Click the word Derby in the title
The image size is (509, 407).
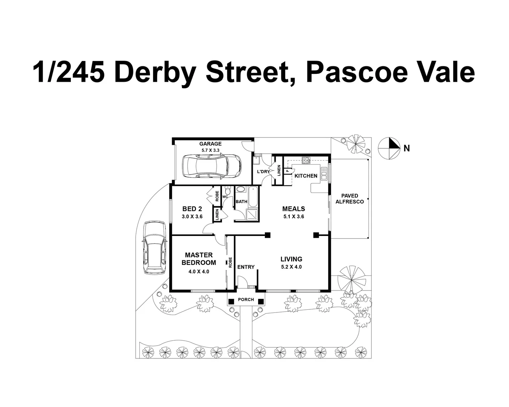pos(155,72)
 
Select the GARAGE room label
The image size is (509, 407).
pos(210,144)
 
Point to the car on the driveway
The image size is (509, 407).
pos(154,247)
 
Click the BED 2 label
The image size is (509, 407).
pos(192,209)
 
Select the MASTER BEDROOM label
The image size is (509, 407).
pos(199,259)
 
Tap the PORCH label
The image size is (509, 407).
pos(246,300)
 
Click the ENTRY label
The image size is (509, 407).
pos(246,267)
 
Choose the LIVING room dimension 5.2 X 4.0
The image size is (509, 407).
pos(291,267)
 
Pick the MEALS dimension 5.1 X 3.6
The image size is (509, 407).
pos(293,217)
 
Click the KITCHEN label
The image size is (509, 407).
pos(306,176)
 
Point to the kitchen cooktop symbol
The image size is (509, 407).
pos(305,160)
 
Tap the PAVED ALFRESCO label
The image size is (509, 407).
pos(350,199)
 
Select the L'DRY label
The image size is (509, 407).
pos(263,172)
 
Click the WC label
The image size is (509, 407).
pos(225,197)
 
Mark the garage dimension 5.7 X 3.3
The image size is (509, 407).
pos(210,150)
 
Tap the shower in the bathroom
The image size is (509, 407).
pos(252,214)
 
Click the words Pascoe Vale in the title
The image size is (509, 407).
pos(390,72)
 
